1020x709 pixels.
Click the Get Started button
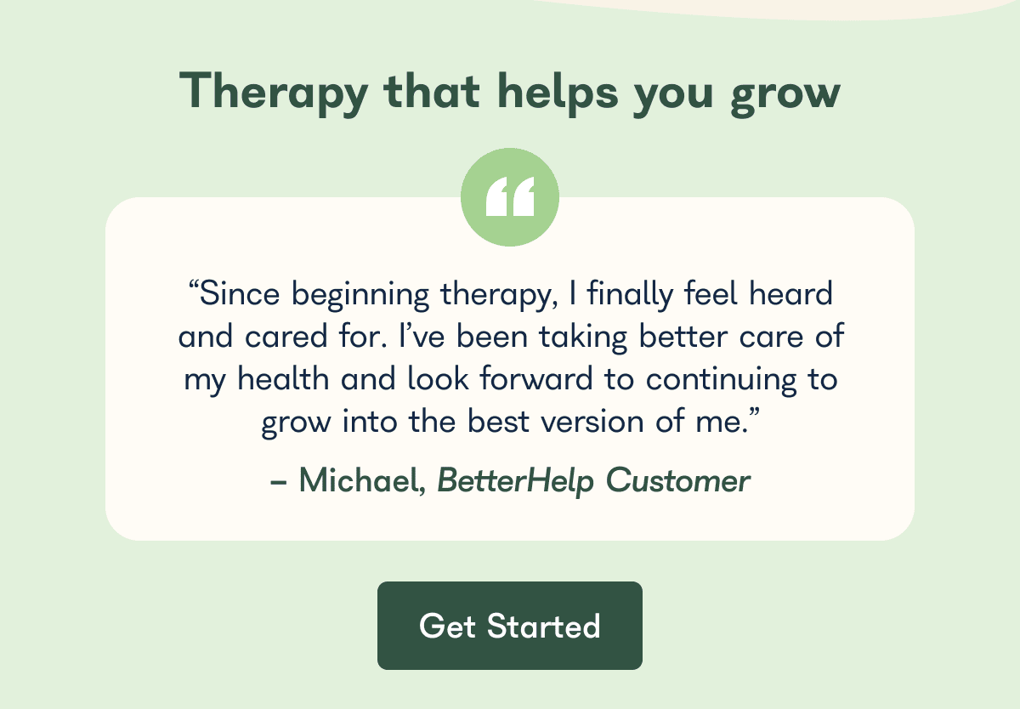click(x=510, y=626)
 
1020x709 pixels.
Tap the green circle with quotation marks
click(x=510, y=196)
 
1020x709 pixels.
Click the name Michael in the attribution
click(x=360, y=481)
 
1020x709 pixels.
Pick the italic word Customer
click(x=677, y=481)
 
